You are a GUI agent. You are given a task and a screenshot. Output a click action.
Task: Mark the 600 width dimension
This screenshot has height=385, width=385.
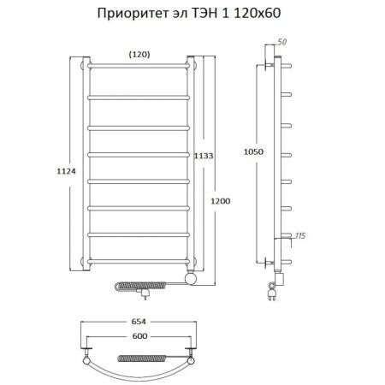click(140, 336)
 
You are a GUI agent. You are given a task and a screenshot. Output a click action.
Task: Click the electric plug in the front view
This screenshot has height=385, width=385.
click(144, 293)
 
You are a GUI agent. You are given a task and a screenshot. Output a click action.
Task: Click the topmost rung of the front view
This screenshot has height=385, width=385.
click(140, 66)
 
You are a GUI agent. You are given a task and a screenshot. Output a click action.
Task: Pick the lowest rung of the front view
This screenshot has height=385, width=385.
click(140, 258)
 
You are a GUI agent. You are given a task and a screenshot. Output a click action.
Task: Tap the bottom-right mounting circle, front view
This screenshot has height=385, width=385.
click(196, 258)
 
